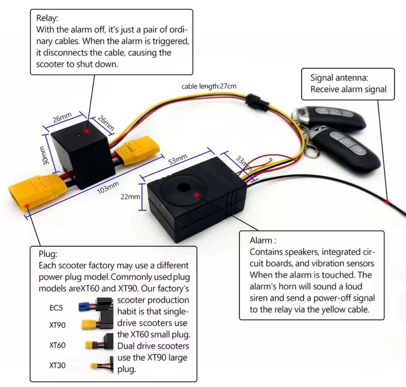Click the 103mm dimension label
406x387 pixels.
click(x=108, y=188)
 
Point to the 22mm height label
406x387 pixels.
click(x=130, y=197)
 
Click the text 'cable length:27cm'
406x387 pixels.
click(x=209, y=86)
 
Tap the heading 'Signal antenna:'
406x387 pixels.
click(x=339, y=78)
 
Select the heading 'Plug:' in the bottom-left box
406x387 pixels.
click(x=48, y=254)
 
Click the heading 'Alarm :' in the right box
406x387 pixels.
click(x=263, y=240)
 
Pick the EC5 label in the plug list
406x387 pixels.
click(x=56, y=308)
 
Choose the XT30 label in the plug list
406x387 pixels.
click(x=57, y=365)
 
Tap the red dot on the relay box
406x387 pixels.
click(x=85, y=131)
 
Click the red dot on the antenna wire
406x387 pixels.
click(x=387, y=201)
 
